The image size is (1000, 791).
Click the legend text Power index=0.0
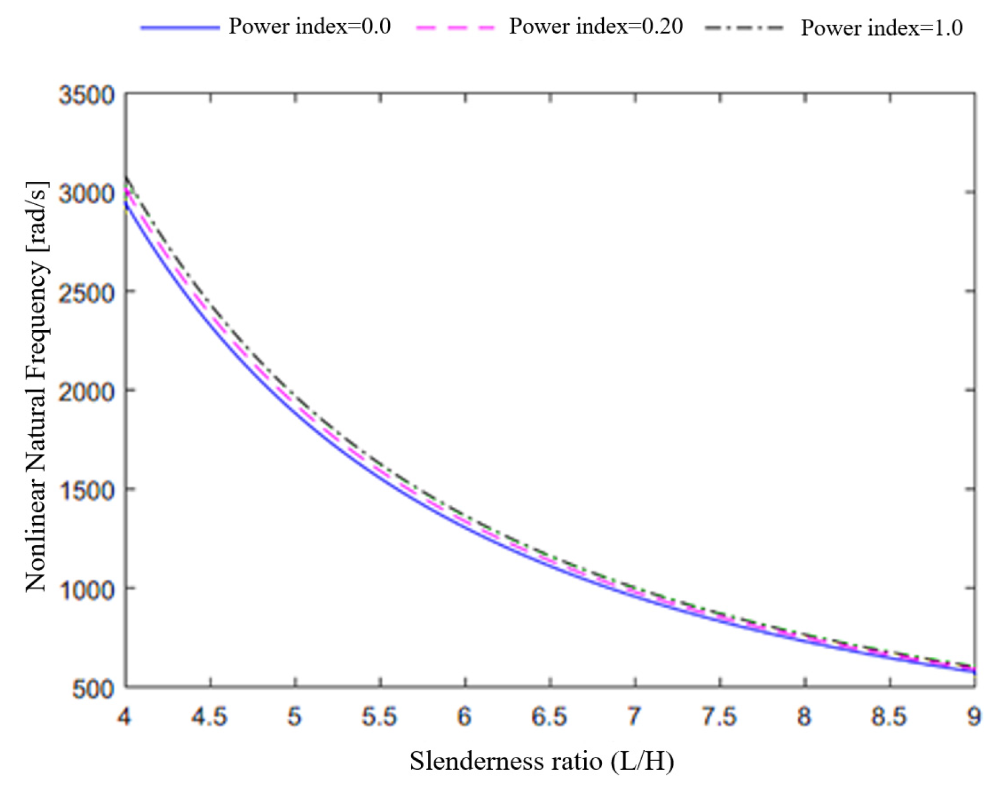(309, 26)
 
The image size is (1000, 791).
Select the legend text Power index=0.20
(596, 26)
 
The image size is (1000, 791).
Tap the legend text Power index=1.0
(882, 28)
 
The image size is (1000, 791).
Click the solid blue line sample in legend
(180, 27)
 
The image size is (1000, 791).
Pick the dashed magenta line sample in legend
(455, 27)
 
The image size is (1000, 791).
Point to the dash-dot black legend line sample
(744, 28)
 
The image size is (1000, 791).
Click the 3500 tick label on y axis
(86, 95)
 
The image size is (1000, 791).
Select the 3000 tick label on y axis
(86, 194)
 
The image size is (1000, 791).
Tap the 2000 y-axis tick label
(86, 392)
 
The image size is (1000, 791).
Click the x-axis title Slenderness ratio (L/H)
(542, 761)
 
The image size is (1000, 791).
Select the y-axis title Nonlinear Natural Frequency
(36, 387)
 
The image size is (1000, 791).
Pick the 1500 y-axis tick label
(86, 491)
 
